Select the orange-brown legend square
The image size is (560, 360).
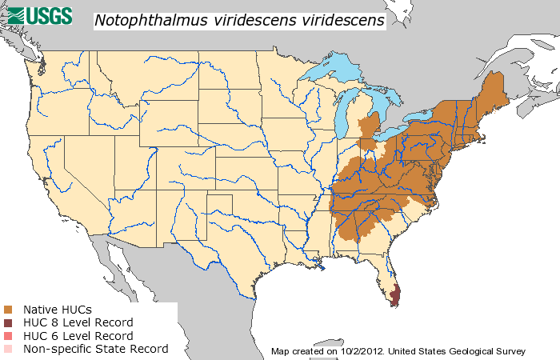8,310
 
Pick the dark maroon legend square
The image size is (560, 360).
8,322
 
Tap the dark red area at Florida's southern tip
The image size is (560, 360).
394,295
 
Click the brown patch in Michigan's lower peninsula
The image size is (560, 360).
370,128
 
